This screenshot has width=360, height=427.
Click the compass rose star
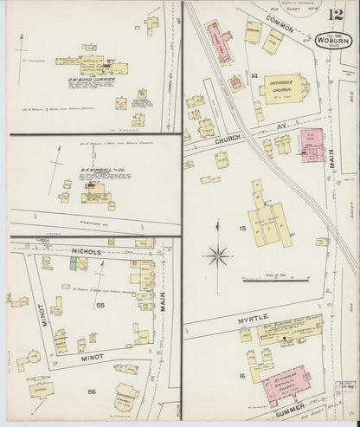219,256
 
